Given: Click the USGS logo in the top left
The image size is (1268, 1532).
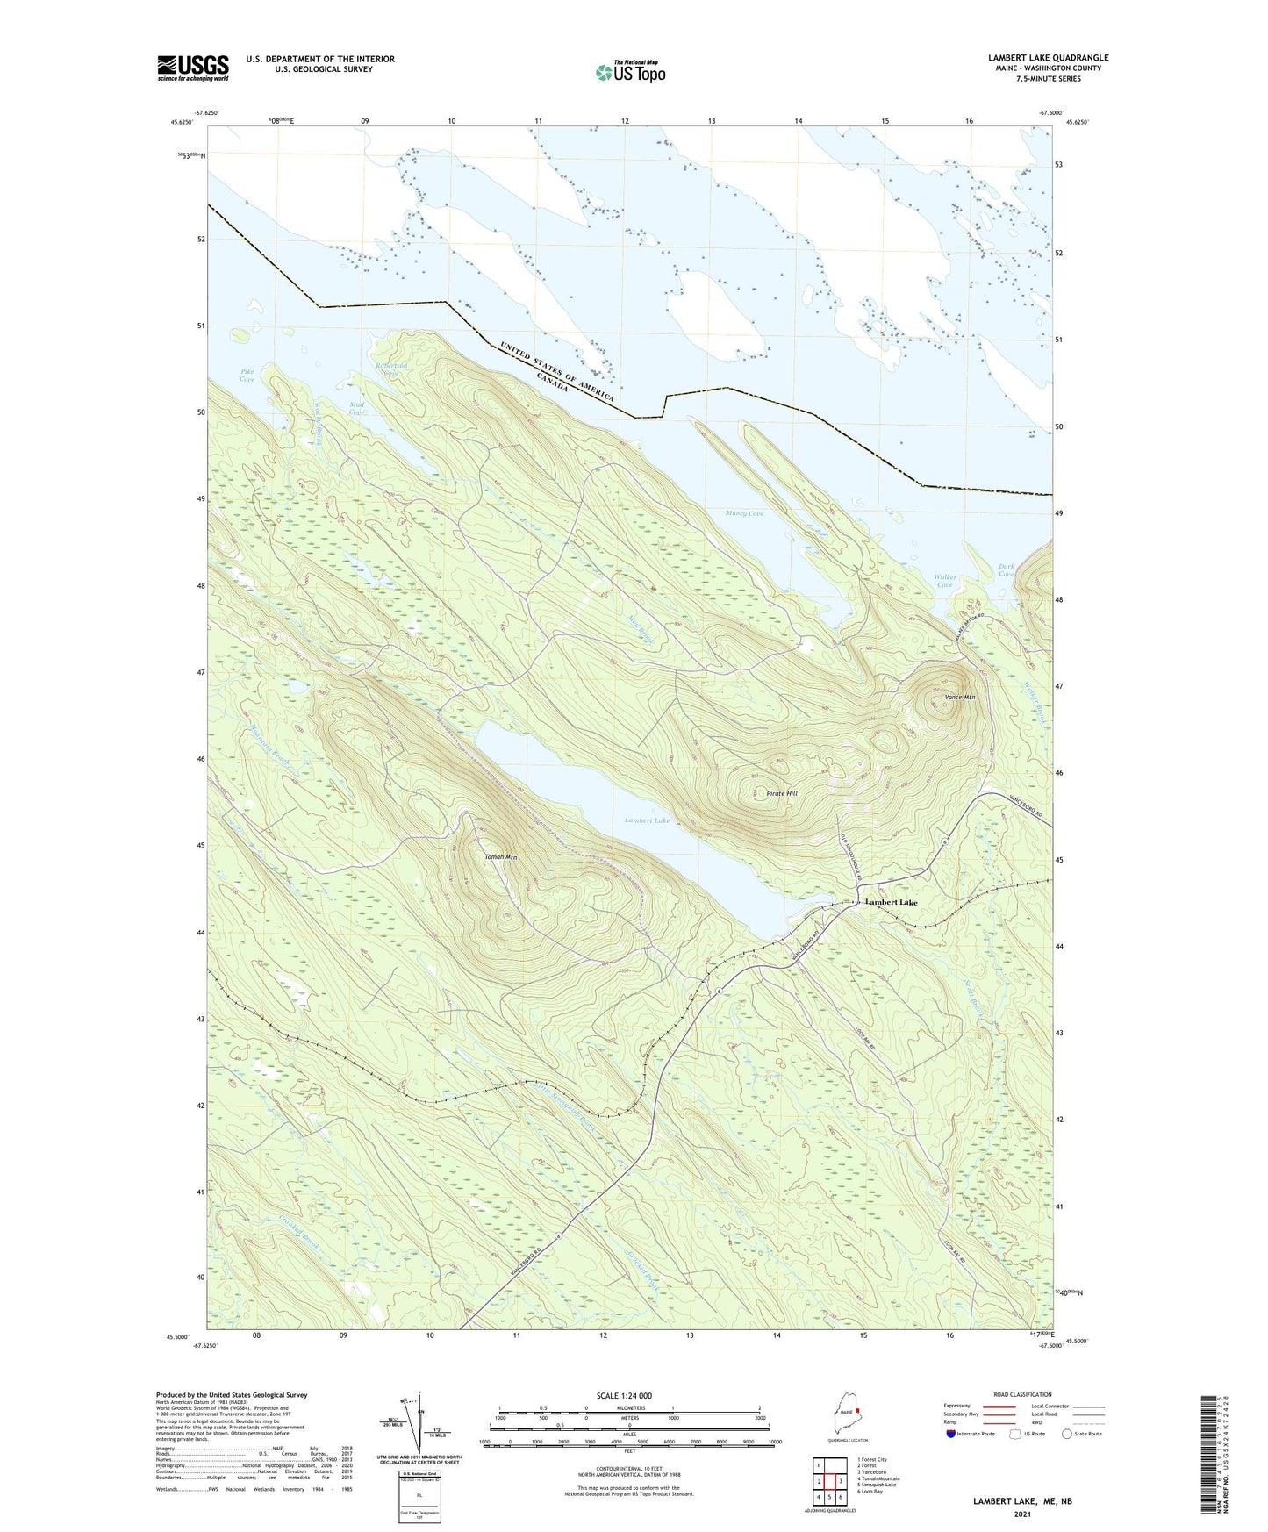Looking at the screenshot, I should click(193, 68).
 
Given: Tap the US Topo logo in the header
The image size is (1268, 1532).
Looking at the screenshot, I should click(630, 72).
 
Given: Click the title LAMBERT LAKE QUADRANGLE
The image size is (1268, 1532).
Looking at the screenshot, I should click(1048, 58).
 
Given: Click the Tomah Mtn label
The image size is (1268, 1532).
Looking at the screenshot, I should click(500, 857).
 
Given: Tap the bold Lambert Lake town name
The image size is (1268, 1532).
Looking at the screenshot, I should click(891, 902).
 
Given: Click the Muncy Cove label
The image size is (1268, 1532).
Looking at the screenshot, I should click(744, 513).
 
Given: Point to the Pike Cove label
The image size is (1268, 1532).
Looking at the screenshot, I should click(247, 376).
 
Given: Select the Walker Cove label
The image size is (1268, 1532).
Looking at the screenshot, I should click(944, 581).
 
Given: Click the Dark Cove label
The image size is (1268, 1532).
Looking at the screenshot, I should click(1007, 570).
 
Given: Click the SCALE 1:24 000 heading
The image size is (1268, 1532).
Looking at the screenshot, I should click(624, 1395).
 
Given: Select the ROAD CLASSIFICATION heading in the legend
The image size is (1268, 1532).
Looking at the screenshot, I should click(1023, 1394).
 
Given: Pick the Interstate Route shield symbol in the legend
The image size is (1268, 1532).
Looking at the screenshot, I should click(951, 1434).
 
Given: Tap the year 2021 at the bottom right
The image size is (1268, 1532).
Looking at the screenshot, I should click(1021, 1514).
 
